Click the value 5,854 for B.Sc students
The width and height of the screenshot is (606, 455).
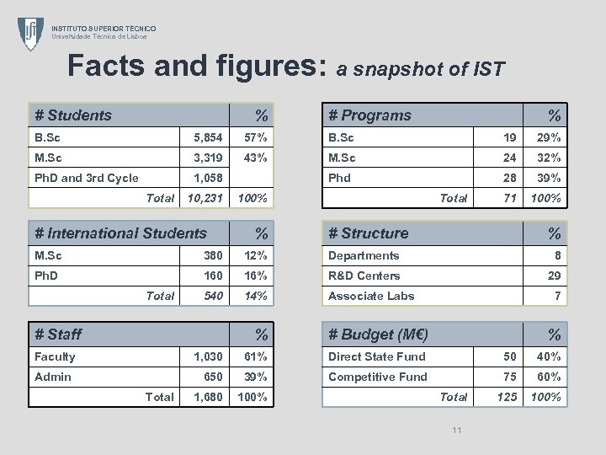[208, 137]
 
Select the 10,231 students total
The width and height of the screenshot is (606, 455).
[205, 198]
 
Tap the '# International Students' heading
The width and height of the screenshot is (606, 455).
[120, 233]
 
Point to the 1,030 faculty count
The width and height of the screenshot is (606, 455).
[207, 356]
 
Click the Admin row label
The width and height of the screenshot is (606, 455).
[53, 377]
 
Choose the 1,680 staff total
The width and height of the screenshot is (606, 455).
[207, 397]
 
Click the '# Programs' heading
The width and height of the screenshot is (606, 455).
[369, 115]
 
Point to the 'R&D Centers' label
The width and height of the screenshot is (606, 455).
[364, 276]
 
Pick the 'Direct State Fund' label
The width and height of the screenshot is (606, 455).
[376, 356]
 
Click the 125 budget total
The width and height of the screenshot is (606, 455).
[506, 397]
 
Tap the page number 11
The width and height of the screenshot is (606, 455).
[457, 431]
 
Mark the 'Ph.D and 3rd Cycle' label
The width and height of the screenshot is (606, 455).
[86, 178]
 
